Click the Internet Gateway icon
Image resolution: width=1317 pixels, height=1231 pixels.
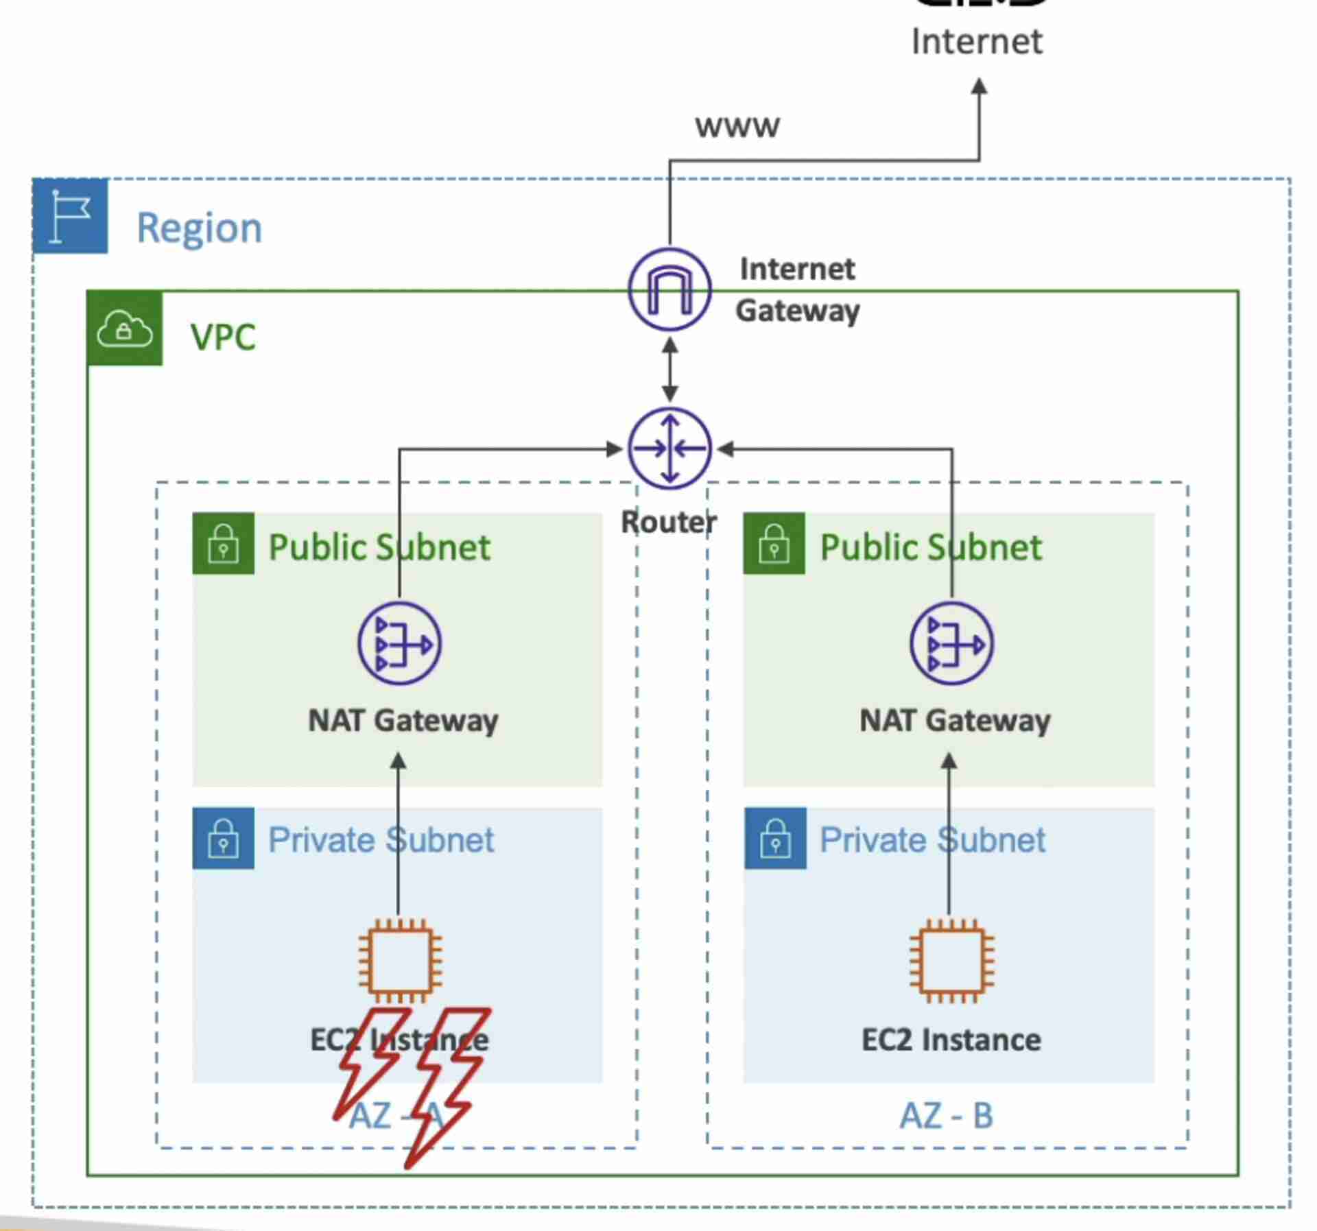pyautogui.click(x=669, y=289)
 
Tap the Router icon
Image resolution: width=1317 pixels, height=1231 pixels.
pyautogui.click(x=669, y=449)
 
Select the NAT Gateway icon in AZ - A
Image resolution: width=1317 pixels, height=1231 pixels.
pyautogui.click(x=400, y=643)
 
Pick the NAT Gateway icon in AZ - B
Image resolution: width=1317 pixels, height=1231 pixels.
pyautogui.click(x=951, y=643)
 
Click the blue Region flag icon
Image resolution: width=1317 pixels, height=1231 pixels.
pyautogui.click(x=71, y=215)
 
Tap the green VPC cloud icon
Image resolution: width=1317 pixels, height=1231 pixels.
pyautogui.click(x=125, y=328)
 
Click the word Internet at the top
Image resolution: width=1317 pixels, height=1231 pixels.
pyautogui.click(x=977, y=42)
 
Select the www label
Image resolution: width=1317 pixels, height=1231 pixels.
pyautogui.click(x=737, y=127)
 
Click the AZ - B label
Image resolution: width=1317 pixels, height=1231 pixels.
pyautogui.click(x=947, y=1116)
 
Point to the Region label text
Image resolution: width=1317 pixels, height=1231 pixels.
pyautogui.click(x=199, y=228)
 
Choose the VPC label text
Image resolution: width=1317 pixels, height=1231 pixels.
pyautogui.click(x=223, y=337)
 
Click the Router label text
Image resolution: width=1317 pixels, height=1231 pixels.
pyautogui.click(x=669, y=523)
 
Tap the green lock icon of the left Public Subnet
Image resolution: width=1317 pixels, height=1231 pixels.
pyautogui.click(x=224, y=543)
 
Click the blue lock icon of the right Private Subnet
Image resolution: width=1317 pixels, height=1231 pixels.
pyautogui.click(x=775, y=838)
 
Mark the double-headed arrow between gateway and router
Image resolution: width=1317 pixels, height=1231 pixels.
pyautogui.click(x=670, y=370)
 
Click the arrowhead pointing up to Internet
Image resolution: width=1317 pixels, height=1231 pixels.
pyautogui.click(x=980, y=87)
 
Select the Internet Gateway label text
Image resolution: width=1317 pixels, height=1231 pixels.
pyautogui.click(x=797, y=289)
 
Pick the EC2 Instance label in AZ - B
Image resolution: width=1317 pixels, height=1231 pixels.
pyautogui.click(x=951, y=1040)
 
